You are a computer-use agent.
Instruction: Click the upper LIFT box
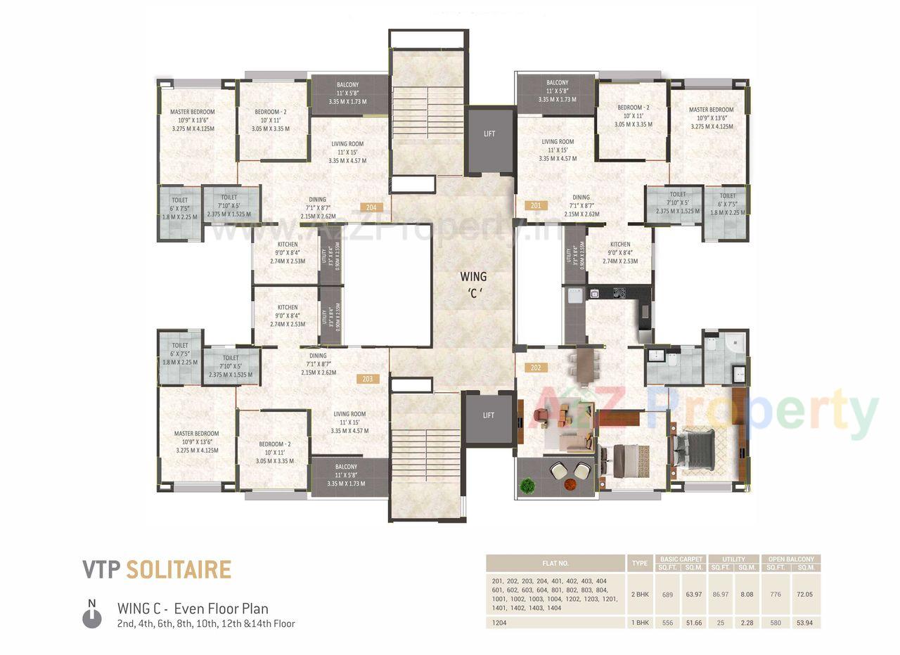[489, 134]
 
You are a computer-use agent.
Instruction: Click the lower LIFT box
[489, 415]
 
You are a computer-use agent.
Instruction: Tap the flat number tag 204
[371, 207]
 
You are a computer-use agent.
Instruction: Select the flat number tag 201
[536, 206]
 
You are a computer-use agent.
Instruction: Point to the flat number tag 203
[367, 379]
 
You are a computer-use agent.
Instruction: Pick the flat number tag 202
[536, 367]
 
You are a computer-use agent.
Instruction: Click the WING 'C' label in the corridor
[473, 285]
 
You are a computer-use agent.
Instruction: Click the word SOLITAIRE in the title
[179, 569]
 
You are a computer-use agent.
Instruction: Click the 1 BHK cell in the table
[640, 623]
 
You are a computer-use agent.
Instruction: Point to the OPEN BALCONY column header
[791, 559]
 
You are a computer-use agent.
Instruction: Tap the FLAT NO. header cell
[555, 564]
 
